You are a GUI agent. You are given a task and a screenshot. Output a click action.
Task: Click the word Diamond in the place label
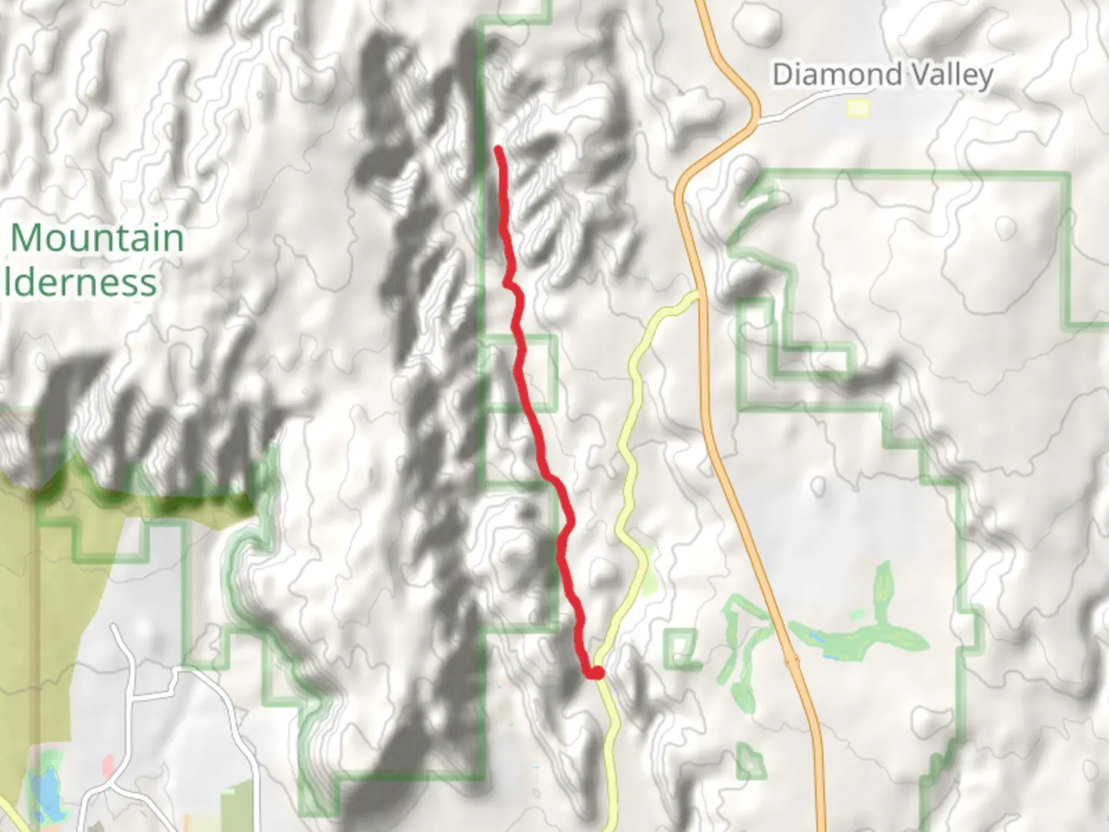(823, 75)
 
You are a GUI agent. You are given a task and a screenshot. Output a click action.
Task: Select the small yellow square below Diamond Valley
(858, 109)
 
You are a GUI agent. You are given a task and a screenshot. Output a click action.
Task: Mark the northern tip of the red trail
(498, 149)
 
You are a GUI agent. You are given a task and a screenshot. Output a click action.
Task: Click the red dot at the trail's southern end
(596, 673)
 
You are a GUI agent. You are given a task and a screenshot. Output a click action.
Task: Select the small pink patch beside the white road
(109, 765)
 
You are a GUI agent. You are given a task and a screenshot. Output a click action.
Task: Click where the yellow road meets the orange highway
(696, 294)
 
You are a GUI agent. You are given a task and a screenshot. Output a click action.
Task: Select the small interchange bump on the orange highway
(791, 660)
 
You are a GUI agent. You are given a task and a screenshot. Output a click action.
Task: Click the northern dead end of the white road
(114, 627)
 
